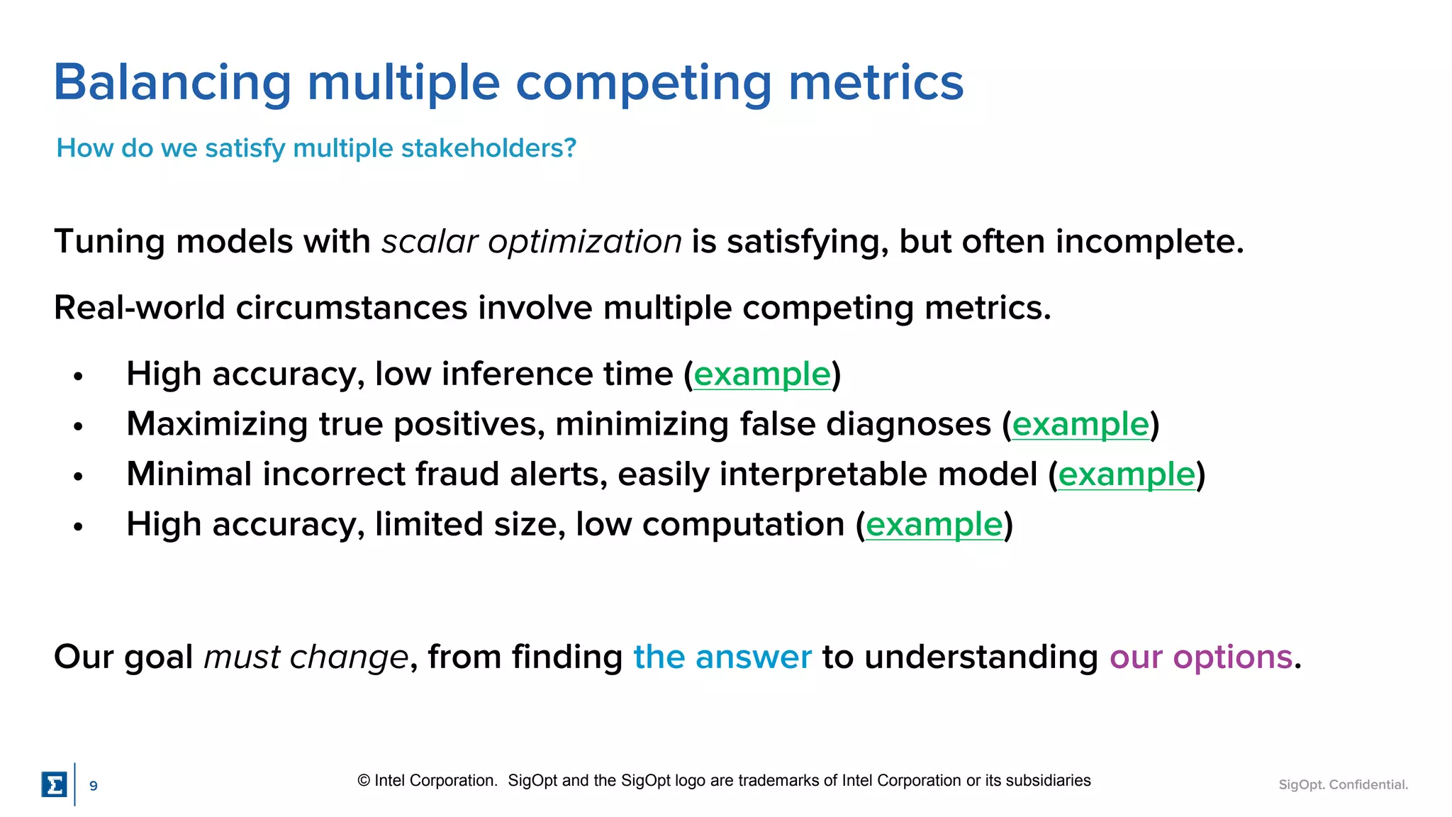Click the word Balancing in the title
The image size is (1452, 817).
point(172,84)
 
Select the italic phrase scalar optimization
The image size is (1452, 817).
point(531,242)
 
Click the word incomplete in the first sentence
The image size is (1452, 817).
point(1148,242)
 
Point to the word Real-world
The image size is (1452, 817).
point(139,308)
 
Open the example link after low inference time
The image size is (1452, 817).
point(761,374)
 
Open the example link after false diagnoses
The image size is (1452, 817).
point(1080,425)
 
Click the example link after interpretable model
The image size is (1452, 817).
point(1127,474)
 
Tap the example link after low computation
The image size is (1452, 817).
point(934,525)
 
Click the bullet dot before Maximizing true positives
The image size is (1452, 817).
point(78,426)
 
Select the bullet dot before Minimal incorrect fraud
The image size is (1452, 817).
point(78,477)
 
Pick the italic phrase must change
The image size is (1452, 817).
point(306,657)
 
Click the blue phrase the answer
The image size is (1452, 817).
point(722,657)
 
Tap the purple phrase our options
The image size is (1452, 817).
point(1200,657)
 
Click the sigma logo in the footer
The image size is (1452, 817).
point(54,784)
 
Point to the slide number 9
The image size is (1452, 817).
point(93,786)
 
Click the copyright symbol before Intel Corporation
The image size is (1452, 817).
point(364,781)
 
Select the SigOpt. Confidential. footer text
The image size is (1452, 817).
point(1343,784)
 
